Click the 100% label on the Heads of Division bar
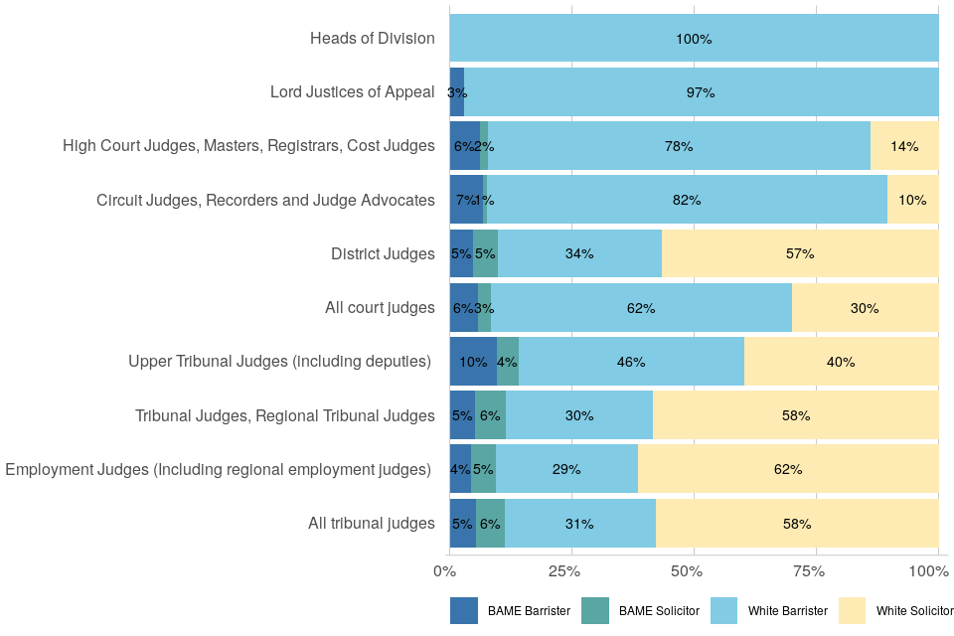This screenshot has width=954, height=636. [x=694, y=39]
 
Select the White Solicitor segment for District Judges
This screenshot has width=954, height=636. [x=800, y=253]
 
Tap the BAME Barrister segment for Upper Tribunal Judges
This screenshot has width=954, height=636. [x=473, y=362]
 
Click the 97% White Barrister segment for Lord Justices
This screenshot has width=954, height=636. [x=701, y=92]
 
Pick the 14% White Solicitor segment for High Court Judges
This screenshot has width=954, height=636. [x=904, y=146]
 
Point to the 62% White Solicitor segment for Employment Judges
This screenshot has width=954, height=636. [x=788, y=469]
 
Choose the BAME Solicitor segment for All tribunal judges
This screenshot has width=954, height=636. [x=490, y=524]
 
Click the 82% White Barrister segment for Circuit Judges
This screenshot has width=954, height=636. [x=687, y=200]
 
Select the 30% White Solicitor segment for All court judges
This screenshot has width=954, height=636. [x=865, y=308]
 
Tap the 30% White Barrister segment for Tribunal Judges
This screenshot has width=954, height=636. [x=579, y=415]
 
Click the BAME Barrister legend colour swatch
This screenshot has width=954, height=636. [x=464, y=611]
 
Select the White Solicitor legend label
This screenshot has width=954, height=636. [x=914, y=611]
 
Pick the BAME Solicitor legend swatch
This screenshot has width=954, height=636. [x=594, y=611]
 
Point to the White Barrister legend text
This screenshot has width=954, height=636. [x=785, y=611]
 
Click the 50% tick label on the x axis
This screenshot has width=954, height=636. [x=687, y=572]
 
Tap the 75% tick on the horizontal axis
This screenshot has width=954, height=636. [x=809, y=572]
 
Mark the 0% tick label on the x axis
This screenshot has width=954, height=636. [x=444, y=572]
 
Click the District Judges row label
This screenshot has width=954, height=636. [x=383, y=254]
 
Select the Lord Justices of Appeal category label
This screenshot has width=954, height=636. [x=353, y=92]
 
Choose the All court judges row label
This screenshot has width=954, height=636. [x=380, y=308]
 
